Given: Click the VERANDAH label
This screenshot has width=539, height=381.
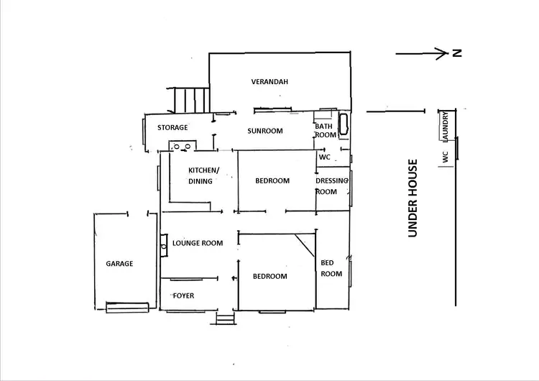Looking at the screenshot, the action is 269,82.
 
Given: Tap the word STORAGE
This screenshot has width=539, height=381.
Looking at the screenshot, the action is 172,128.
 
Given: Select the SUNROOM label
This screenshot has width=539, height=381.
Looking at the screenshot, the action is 264,132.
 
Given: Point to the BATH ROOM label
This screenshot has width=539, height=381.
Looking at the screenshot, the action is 325,131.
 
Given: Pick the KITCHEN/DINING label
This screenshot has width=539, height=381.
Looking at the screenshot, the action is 203,175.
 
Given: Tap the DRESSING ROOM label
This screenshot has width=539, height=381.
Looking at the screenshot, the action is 331,186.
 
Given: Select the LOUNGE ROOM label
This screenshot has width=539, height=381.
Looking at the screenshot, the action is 198,243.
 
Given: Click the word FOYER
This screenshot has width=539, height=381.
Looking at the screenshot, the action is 183,296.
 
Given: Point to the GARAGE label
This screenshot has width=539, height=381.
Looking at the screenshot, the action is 120,264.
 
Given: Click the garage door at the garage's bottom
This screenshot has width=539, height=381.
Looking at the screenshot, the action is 128,308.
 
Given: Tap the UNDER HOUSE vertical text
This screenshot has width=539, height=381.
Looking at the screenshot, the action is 413,198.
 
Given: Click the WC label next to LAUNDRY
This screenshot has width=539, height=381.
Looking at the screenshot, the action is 446,157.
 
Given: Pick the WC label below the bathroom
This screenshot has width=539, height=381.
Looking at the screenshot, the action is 324,157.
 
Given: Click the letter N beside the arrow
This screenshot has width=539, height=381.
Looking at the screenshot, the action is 456,52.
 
